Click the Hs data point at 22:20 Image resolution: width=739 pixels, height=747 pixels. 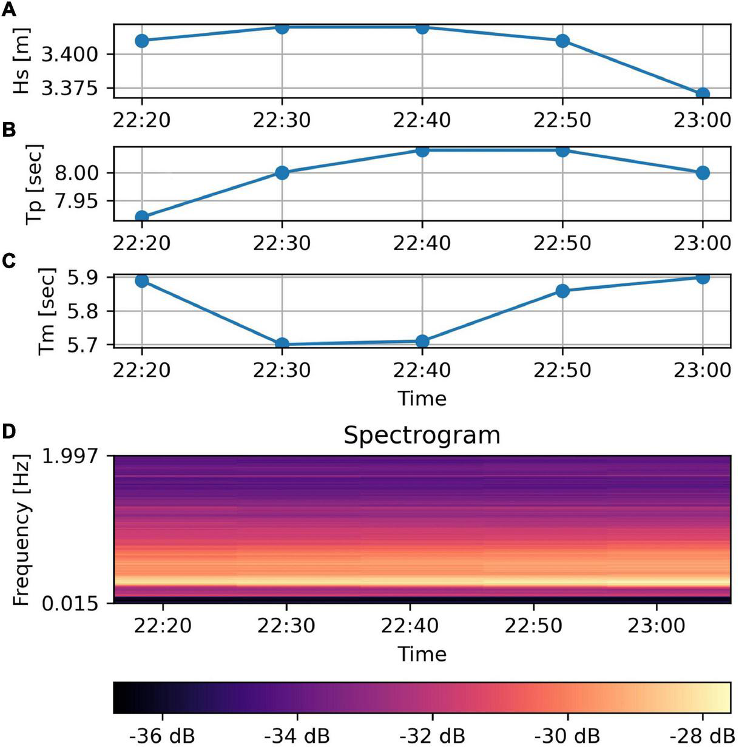coord(141,41)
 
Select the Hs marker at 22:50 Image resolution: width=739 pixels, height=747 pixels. coord(562,41)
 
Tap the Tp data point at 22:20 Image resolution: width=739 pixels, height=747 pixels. coord(141,217)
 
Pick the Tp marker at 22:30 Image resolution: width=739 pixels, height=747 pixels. coord(282,173)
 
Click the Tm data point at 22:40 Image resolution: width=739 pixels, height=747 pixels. coord(422,341)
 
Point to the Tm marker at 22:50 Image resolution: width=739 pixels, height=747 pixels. coord(562,291)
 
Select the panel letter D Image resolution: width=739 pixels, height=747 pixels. coord(8,431)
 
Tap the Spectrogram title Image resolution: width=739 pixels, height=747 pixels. coord(422,436)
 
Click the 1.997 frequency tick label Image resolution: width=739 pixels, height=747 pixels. coord(72,455)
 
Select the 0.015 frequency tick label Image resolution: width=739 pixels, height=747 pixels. coord(72,603)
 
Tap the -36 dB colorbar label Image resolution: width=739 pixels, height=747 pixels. coord(162,735)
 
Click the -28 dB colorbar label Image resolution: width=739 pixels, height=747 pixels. coord(702,735)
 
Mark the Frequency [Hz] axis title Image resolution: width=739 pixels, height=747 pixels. coord(22,529)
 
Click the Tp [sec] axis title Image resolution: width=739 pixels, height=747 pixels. coord(35,184)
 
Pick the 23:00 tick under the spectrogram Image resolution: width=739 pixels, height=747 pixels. coord(656,626)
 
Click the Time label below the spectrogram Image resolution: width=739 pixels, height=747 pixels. coord(422,654)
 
